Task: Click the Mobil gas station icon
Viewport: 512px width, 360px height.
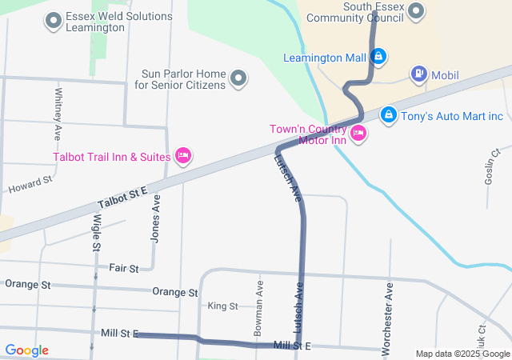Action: click(418, 74)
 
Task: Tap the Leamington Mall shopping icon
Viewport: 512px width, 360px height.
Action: click(379, 57)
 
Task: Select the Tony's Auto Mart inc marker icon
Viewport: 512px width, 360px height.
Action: click(389, 115)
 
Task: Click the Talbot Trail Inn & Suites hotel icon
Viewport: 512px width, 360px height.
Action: click(182, 155)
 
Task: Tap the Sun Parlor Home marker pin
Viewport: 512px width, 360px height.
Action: click(238, 78)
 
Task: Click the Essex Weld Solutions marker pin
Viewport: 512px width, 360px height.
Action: click(54, 21)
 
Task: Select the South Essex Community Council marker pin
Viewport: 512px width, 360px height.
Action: click(416, 10)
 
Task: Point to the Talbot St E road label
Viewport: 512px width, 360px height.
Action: click(122, 197)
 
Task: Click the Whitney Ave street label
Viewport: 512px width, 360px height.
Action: click(58, 111)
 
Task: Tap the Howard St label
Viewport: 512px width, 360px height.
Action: click(30, 186)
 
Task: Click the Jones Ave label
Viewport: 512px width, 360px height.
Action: click(156, 219)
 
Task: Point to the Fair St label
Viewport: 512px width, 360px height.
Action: click(124, 267)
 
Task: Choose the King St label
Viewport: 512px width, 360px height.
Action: click(222, 306)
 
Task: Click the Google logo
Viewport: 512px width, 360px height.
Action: click(26, 350)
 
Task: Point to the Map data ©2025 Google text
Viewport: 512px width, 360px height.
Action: click(462, 354)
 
